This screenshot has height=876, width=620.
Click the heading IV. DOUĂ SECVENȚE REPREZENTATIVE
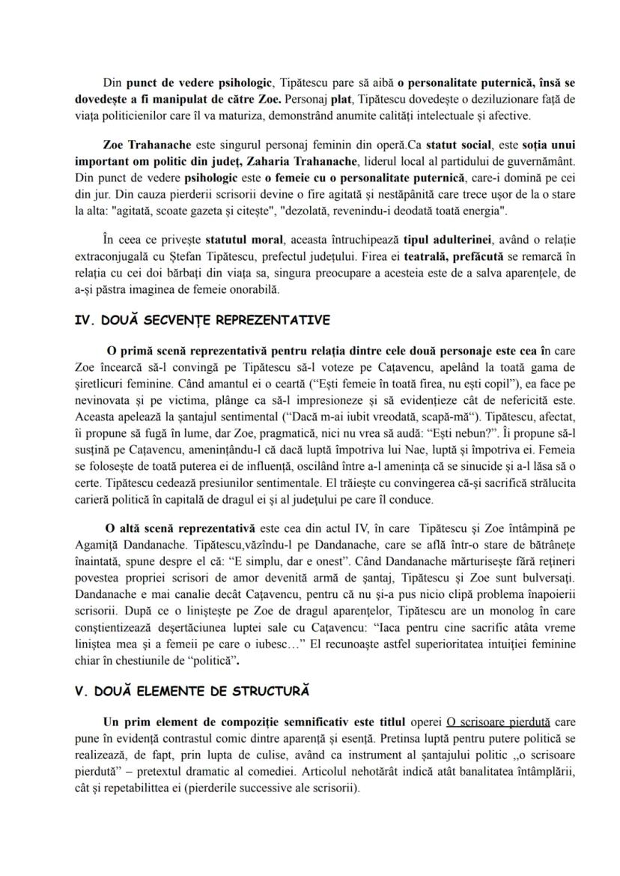click(x=202, y=321)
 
